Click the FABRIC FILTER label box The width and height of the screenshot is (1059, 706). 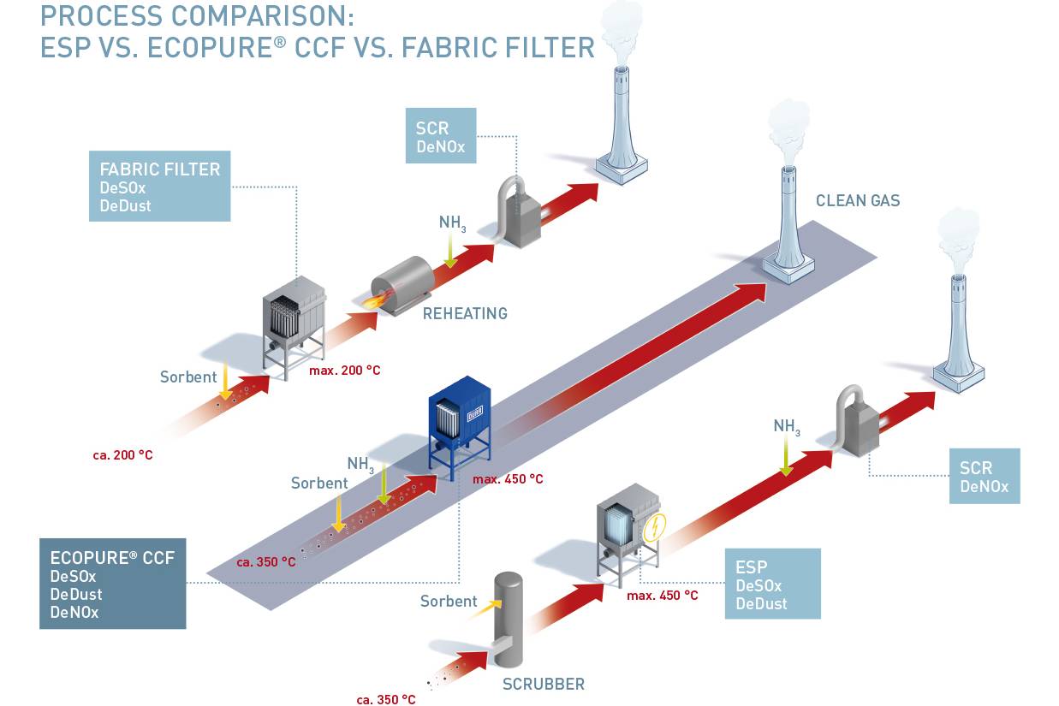pos(159,186)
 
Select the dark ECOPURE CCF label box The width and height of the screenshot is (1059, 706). pos(112,584)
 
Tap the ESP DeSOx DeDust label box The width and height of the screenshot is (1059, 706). pos(771,584)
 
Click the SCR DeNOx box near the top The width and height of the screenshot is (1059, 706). pos(441,135)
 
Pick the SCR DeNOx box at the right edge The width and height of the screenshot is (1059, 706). pos(984,476)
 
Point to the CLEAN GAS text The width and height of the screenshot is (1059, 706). pos(857,201)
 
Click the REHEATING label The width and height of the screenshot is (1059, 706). pos(465,313)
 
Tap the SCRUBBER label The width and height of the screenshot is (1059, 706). pos(543,684)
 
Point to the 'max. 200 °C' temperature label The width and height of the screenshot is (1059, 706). pos(344,371)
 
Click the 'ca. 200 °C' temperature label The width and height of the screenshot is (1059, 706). pos(122,455)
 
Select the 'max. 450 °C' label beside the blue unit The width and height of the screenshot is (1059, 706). pos(508,479)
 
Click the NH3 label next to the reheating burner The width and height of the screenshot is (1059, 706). pos(452,223)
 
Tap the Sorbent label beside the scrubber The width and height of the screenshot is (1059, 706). pos(449,601)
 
